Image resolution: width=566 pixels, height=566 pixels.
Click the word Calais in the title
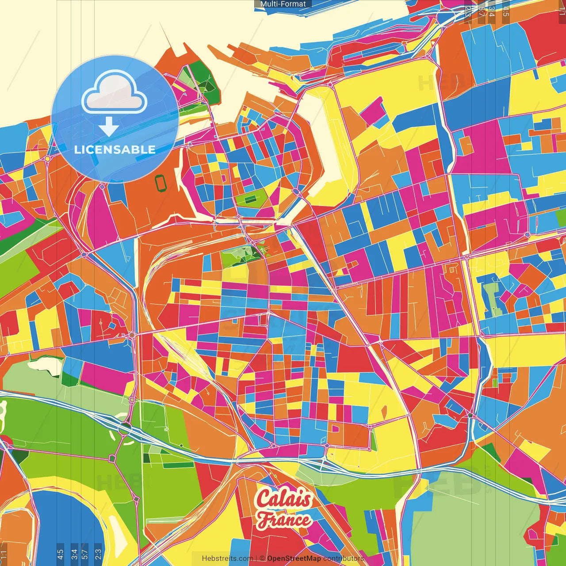(x=284, y=498)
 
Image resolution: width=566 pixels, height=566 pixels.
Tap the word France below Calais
(x=284, y=520)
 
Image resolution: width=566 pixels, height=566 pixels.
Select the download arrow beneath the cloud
(x=109, y=127)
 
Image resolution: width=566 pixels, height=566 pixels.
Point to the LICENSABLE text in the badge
(x=115, y=149)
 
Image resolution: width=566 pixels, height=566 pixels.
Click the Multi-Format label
(x=283, y=4)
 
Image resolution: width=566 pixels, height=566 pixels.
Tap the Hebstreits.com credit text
(x=227, y=558)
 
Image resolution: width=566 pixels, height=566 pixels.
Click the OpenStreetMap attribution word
(x=294, y=558)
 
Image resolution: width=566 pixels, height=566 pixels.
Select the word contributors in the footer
(x=344, y=558)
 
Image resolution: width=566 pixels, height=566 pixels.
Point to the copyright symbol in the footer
(x=262, y=558)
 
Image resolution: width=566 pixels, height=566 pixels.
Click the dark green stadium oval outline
(x=160, y=183)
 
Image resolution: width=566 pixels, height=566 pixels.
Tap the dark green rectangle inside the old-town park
(x=250, y=200)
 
